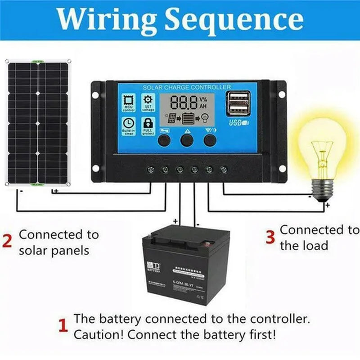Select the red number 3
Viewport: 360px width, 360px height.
270,237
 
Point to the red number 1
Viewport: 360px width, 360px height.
63,326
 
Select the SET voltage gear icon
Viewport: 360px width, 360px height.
148,99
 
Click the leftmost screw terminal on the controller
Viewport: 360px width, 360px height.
151,170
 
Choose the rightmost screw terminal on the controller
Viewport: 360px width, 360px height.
224,170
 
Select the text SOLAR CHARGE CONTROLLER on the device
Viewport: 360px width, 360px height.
187,87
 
